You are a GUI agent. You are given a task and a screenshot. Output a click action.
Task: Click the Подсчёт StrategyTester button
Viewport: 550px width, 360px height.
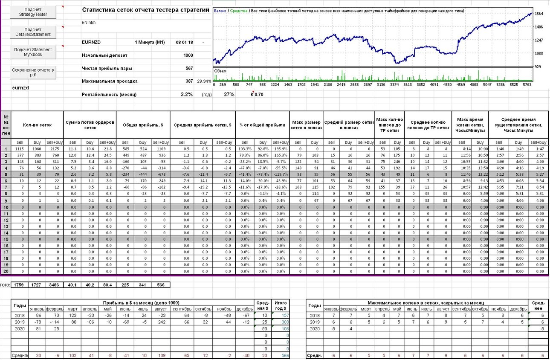point(33,12)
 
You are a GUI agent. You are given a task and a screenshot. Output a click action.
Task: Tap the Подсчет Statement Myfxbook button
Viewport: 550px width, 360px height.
point(33,52)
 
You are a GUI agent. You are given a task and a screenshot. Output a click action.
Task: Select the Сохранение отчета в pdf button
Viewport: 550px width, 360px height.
point(33,72)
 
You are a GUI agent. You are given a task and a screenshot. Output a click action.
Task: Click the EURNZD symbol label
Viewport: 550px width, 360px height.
point(91,42)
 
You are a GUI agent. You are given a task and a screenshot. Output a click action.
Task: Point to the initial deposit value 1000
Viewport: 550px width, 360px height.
point(188,55)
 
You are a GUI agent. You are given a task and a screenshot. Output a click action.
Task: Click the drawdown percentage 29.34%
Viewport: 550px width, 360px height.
point(204,81)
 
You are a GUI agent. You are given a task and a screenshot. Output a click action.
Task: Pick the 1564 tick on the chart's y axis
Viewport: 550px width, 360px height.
point(539,14)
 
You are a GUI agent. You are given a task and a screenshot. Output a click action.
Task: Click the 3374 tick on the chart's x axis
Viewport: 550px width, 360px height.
point(394,85)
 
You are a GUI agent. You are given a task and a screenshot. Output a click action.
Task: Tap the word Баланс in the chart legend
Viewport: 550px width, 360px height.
point(220,11)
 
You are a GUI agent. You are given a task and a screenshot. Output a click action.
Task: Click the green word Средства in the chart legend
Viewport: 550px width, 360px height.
point(239,11)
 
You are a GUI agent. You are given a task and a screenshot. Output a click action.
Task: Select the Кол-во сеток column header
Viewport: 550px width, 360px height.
point(38,125)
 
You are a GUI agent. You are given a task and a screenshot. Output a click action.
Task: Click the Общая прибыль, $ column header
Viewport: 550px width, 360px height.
point(143,125)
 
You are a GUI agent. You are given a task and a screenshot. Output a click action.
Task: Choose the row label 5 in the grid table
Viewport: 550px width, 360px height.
point(6,174)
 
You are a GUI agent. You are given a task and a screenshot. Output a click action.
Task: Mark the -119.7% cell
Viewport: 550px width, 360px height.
point(281,174)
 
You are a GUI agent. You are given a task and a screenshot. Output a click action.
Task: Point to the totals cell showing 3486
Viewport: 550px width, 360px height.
point(54,285)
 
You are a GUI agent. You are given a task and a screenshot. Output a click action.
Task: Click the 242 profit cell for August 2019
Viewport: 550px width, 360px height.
point(162,322)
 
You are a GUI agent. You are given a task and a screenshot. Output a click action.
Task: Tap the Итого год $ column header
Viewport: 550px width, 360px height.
point(281,305)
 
